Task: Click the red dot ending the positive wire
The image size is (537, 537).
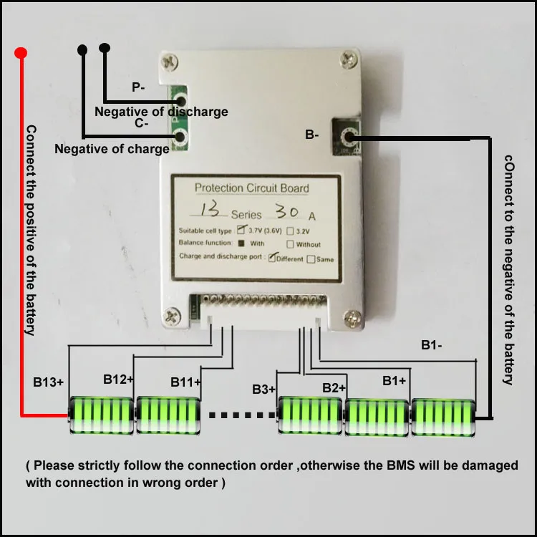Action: click(x=21, y=53)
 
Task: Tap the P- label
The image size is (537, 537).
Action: click(x=138, y=87)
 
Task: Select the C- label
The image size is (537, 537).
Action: click(x=141, y=123)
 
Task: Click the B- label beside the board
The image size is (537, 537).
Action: click(x=312, y=134)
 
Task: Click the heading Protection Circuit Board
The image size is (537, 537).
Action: click(x=252, y=189)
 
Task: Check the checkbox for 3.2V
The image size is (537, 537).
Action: click(x=290, y=231)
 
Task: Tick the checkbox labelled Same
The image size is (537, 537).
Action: click(x=311, y=259)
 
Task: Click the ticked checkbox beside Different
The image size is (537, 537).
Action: click(x=272, y=258)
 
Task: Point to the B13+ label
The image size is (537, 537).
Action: click(x=49, y=382)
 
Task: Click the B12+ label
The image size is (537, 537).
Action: click(x=118, y=379)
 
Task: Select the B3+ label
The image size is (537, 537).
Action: click(x=264, y=390)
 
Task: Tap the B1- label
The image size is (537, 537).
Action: click(x=431, y=346)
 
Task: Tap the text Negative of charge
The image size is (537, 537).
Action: click(x=112, y=149)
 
